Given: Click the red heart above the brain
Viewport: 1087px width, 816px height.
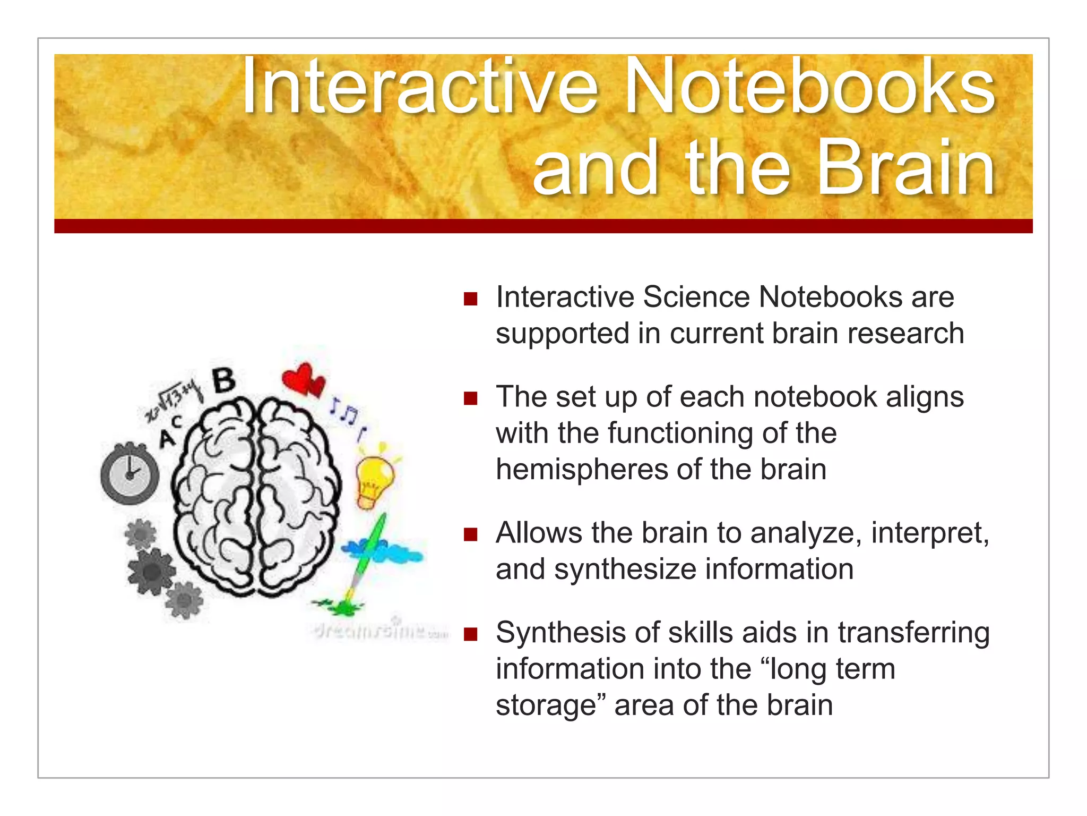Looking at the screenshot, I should point(303,379).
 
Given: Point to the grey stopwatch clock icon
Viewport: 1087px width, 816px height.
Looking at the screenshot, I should point(130,473).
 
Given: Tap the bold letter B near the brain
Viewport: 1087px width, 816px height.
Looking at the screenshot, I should point(225,380).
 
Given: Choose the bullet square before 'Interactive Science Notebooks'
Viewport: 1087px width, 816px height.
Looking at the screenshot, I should point(470,299).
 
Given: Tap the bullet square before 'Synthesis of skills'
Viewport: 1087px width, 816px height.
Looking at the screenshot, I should point(470,634).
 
